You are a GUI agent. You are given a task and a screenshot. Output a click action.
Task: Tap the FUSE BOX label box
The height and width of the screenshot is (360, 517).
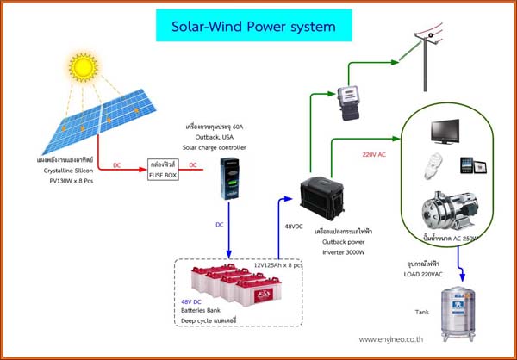162,169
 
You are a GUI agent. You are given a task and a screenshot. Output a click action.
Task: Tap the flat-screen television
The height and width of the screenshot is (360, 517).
448,130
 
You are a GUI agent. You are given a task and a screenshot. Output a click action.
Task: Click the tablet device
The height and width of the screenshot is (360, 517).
466,164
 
